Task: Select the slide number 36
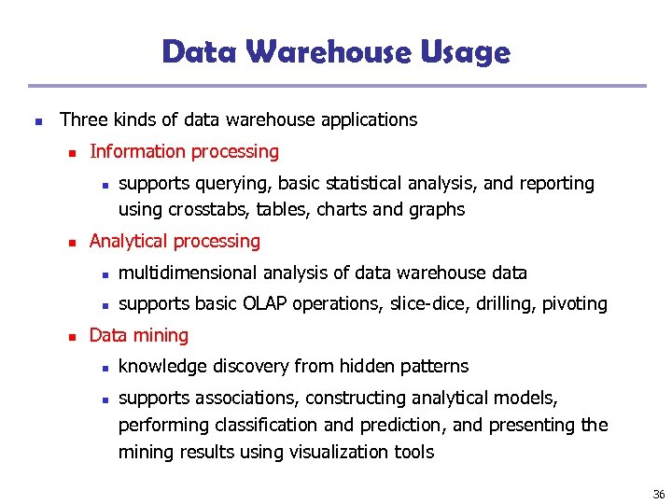coord(658,492)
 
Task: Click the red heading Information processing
coord(184,151)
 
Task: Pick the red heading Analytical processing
coord(175,241)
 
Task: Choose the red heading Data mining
coord(138,335)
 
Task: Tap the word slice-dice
coord(432,303)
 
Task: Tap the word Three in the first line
coord(83,119)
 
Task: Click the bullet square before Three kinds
coord(35,120)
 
